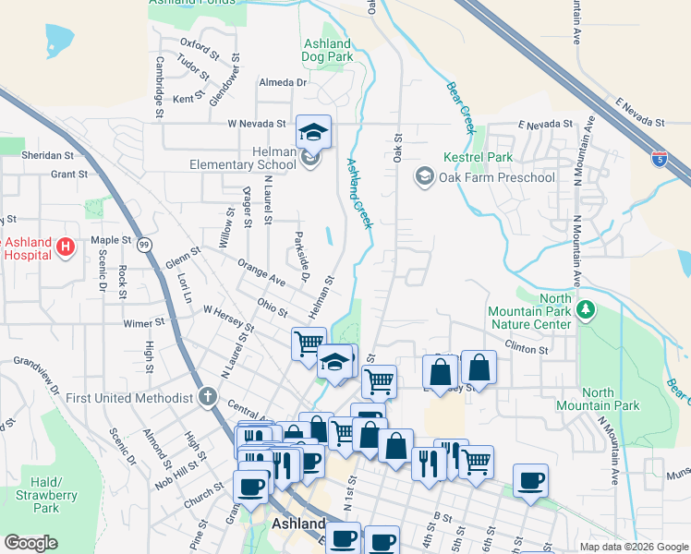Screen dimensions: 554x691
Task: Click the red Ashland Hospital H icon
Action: (x=66, y=247)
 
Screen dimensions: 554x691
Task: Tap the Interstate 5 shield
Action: (x=659, y=159)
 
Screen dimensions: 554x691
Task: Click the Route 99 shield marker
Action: (x=144, y=245)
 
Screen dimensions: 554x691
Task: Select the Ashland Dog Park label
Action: (x=327, y=50)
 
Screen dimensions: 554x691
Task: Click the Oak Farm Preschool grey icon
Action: (x=425, y=175)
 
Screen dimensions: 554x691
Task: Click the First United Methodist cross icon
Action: (x=208, y=398)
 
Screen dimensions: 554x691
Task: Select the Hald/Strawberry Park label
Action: (x=45, y=495)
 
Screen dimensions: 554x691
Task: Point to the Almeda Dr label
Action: (x=283, y=82)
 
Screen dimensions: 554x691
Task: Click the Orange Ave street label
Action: (x=261, y=274)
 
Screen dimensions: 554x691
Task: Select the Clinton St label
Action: (x=527, y=350)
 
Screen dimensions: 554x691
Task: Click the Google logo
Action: (x=30, y=543)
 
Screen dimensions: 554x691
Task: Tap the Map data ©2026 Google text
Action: (x=633, y=547)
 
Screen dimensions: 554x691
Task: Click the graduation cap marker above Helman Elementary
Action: (x=313, y=133)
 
